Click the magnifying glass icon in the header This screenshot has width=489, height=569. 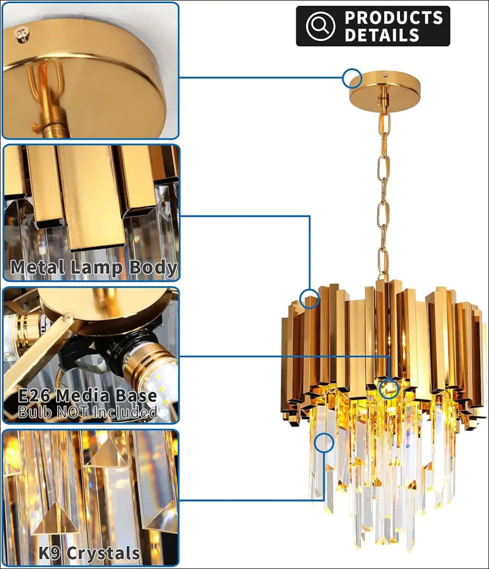coord(321,25)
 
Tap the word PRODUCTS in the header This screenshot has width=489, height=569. coord(394,17)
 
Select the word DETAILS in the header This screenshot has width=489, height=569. coord(382,35)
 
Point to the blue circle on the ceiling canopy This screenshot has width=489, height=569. coord(352,78)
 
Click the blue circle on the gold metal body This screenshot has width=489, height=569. coord(310,299)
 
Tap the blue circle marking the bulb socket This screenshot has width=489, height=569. coord(389,389)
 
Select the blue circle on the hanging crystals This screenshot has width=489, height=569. coord(324,443)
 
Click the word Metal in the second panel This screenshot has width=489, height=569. coord(38,267)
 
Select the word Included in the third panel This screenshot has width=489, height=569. coord(125,412)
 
